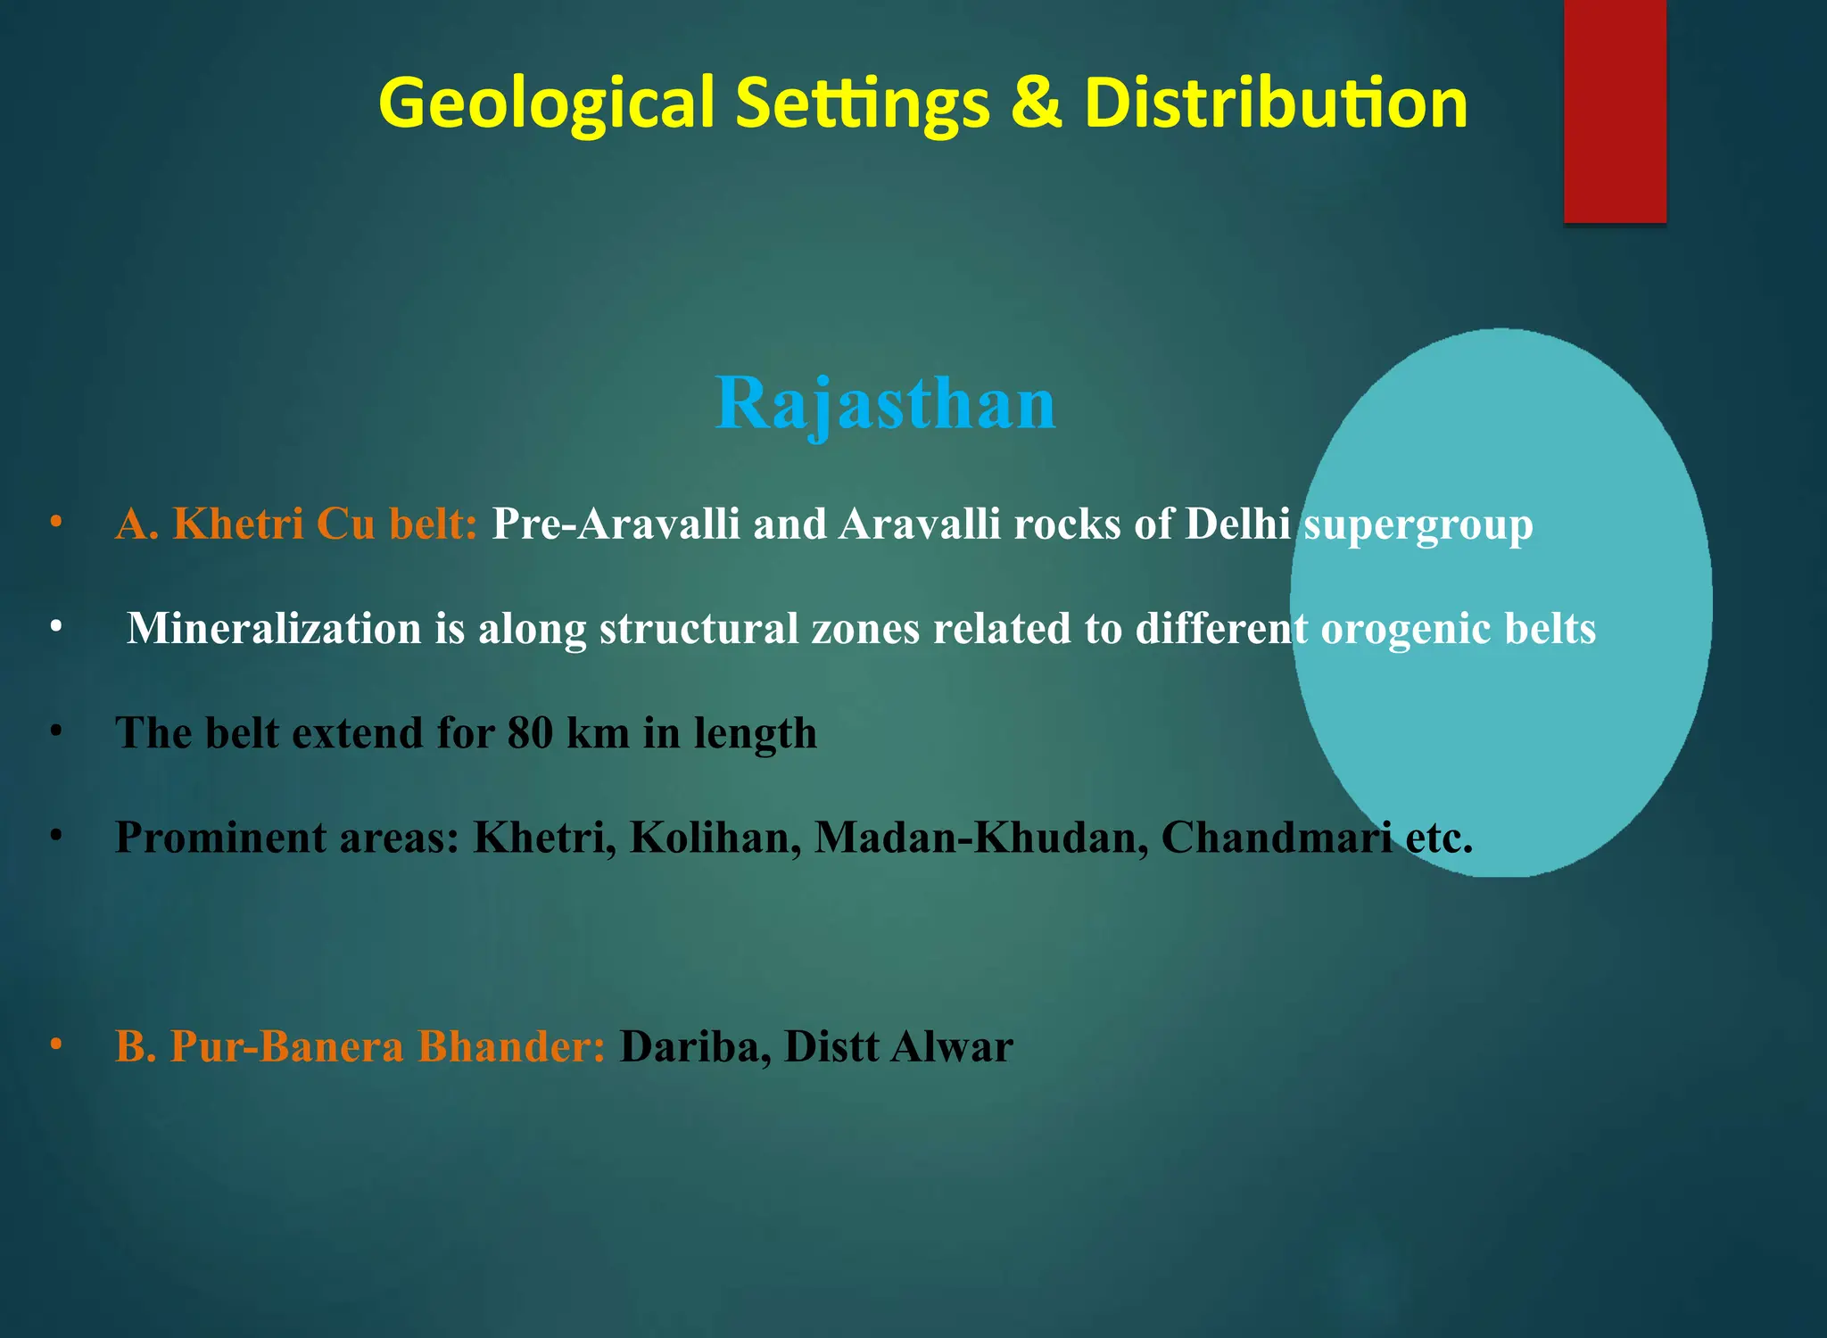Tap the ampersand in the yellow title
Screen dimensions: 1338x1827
point(1036,103)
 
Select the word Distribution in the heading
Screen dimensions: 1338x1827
point(1276,103)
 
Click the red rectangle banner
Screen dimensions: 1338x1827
point(1615,111)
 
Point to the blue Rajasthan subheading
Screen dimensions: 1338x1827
point(886,404)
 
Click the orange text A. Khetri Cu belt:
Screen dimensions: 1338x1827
point(296,524)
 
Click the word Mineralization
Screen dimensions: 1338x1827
point(274,628)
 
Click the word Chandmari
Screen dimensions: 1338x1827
point(1276,838)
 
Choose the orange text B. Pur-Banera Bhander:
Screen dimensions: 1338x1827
point(360,1046)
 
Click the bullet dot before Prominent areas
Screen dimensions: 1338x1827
point(56,835)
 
